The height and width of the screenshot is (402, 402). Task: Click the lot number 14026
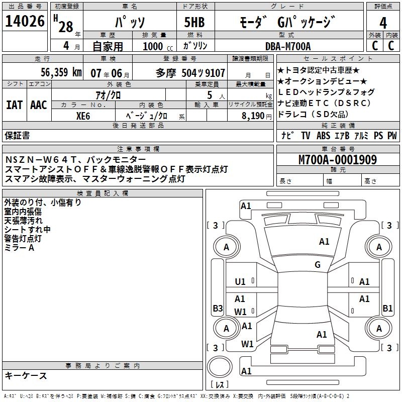[x=25, y=22]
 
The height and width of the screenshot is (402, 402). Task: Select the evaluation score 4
[x=383, y=23]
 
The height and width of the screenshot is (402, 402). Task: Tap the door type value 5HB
[x=194, y=23]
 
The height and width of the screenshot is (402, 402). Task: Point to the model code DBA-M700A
[x=288, y=46]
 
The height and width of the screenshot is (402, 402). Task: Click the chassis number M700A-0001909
[x=338, y=160]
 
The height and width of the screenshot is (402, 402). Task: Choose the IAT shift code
[x=14, y=105]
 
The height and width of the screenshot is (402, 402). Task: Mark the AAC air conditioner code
[x=38, y=105]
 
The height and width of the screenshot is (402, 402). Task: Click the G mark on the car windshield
[x=318, y=265]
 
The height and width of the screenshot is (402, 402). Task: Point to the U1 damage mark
[x=240, y=282]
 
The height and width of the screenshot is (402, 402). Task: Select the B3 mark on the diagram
[x=218, y=308]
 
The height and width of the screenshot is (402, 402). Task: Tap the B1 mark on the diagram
[x=387, y=308]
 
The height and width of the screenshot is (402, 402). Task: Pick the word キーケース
[x=26, y=376]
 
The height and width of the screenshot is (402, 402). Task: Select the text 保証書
[x=17, y=135]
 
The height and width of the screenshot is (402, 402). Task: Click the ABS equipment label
[x=323, y=135]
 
